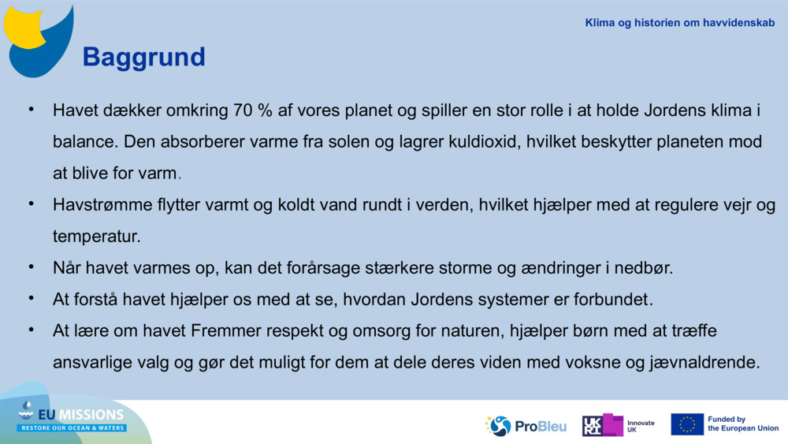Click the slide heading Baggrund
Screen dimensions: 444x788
pos(143,57)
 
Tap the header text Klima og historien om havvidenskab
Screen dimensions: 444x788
pos(679,23)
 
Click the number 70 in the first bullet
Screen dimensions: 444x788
pos(243,110)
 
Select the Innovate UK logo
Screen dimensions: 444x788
pos(618,426)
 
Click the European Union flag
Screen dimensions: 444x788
pos(687,424)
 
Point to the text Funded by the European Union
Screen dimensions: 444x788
pos(742,424)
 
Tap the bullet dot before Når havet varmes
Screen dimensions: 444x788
pos(32,267)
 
